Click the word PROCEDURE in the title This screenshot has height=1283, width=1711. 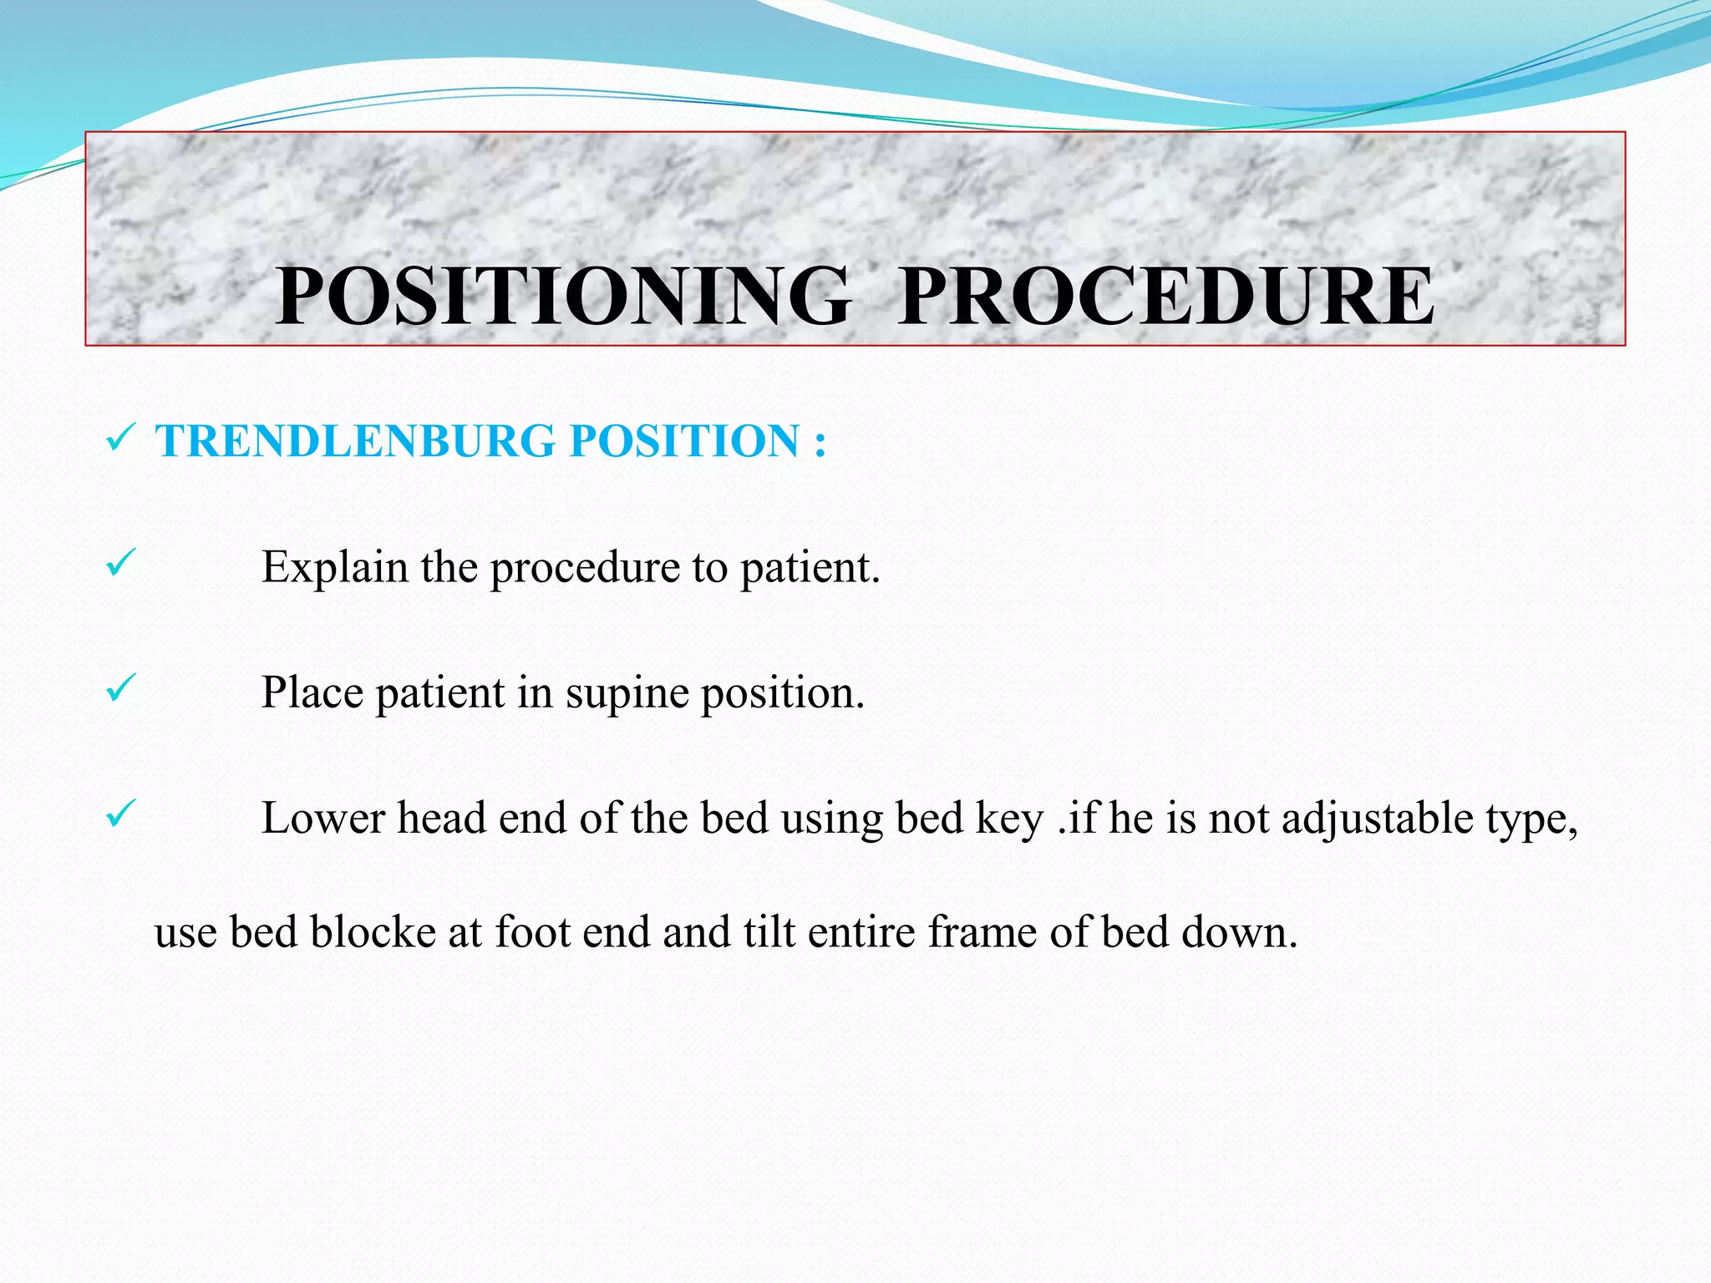1167,296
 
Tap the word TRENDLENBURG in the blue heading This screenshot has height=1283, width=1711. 355,441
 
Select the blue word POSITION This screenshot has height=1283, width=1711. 684,441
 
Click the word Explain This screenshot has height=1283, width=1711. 335,568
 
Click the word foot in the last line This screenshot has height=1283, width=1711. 532,932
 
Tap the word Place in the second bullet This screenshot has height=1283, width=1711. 312,693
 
